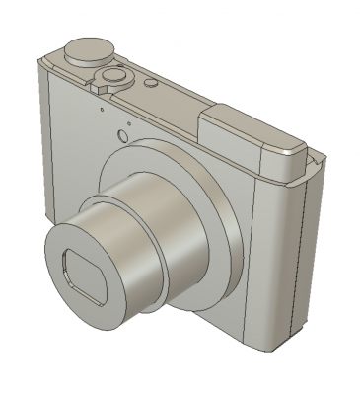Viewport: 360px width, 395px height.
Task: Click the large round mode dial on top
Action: click(87, 49)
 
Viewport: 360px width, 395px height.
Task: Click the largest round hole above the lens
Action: click(122, 135)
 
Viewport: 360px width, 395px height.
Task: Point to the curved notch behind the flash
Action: click(314, 157)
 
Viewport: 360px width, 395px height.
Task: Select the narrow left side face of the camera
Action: click(42, 138)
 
